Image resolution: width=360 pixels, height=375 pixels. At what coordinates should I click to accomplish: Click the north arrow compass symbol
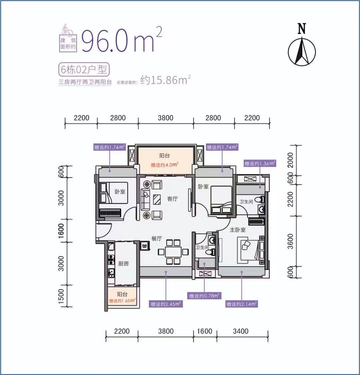pyautogui.click(x=302, y=51)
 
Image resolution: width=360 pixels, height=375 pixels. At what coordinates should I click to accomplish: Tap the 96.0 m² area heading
pyautogui.click(x=122, y=39)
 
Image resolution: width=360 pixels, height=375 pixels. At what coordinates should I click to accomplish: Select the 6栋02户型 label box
pyautogui.click(x=84, y=69)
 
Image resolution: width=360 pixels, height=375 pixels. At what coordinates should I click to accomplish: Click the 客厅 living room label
pyautogui.click(x=172, y=199)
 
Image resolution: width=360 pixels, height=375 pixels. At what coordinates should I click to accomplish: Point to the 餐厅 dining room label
pyautogui.click(x=157, y=239)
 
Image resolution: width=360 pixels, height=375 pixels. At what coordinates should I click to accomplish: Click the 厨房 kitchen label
pyautogui.click(x=123, y=264)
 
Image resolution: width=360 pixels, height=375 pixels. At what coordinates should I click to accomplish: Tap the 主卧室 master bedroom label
pyautogui.click(x=237, y=230)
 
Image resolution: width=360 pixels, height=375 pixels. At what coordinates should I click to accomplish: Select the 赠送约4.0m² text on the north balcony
pyautogui.click(x=165, y=165)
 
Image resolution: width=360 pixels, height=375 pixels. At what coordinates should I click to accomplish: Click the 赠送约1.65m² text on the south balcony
pyautogui.click(x=122, y=301)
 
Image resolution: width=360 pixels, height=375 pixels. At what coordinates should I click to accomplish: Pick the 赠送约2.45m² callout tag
pyautogui.click(x=166, y=304)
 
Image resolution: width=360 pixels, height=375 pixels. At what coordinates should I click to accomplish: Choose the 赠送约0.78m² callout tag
pyautogui.click(x=204, y=296)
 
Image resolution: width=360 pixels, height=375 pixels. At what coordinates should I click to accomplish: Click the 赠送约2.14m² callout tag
pyautogui.click(x=242, y=304)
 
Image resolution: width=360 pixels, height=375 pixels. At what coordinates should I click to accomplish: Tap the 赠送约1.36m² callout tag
pyautogui.click(x=260, y=163)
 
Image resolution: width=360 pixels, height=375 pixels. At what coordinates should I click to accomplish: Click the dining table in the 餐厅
pyautogui.click(x=173, y=252)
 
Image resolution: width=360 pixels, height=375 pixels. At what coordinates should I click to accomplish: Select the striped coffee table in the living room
pyautogui.click(x=157, y=199)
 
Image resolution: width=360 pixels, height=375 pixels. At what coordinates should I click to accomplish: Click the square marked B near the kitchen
pyautogui.click(x=145, y=246)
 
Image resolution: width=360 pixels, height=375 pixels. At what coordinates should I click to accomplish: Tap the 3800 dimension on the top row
pyautogui.click(x=166, y=118)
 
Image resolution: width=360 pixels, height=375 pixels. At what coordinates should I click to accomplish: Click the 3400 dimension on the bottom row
pyautogui.click(x=241, y=331)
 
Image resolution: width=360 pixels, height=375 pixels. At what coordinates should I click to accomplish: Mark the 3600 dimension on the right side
pyautogui.click(x=290, y=241)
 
